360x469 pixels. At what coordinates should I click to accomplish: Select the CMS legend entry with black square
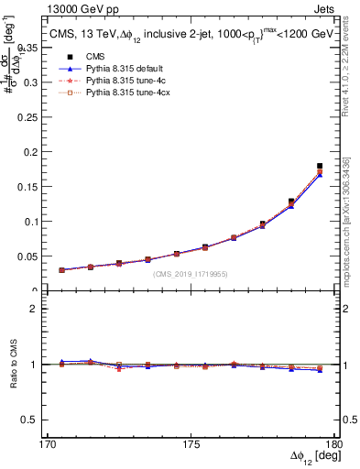[x=92, y=57]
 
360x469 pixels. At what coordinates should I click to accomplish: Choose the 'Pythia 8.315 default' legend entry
[x=126, y=69]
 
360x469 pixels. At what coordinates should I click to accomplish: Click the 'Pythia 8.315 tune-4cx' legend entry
[x=128, y=93]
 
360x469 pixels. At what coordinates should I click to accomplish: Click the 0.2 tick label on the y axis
[x=32, y=151]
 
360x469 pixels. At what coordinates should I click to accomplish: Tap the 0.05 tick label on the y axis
[x=29, y=256]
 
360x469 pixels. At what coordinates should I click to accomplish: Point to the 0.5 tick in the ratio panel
[x=34, y=420]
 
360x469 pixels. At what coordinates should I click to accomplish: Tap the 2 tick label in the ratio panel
[x=38, y=310]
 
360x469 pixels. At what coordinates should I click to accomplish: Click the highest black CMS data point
[x=320, y=166]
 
